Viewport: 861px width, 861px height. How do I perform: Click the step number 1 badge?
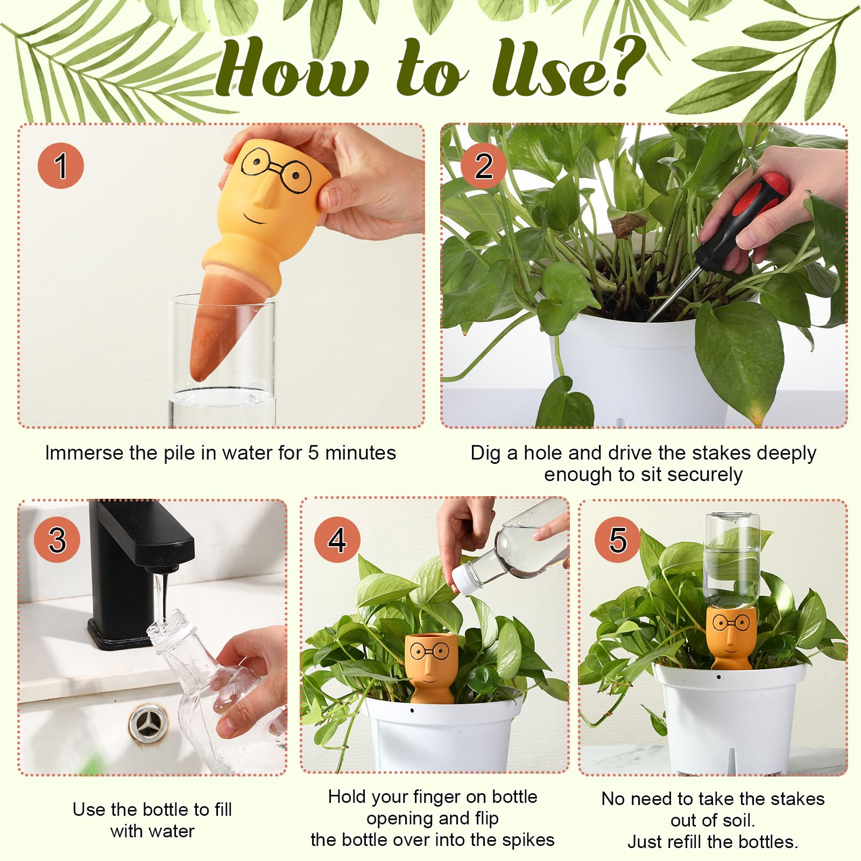click(61, 166)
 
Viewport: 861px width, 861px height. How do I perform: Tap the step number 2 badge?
click(484, 166)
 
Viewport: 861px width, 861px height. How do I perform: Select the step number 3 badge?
click(57, 540)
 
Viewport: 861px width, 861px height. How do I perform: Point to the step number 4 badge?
click(337, 540)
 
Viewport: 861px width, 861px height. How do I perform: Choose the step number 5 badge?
click(618, 540)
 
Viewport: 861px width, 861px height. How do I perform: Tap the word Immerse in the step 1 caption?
click(84, 453)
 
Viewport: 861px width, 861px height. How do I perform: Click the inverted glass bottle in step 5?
click(732, 560)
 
